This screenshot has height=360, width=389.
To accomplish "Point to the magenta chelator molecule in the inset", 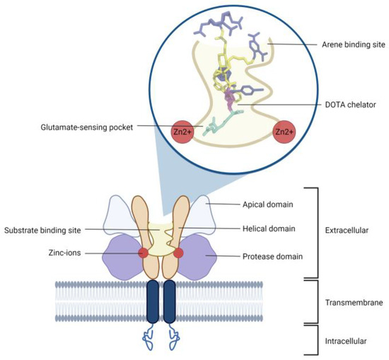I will pos(228,98).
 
